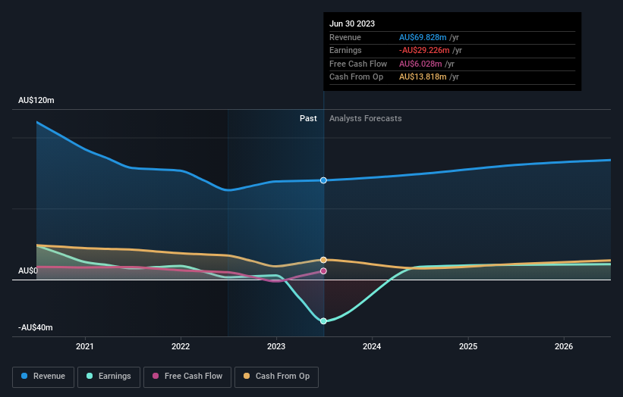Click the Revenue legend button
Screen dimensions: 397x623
coord(43,376)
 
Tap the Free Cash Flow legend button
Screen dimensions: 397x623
coord(186,376)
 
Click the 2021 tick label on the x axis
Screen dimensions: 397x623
coord(85,347)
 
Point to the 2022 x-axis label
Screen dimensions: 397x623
coord(181,347)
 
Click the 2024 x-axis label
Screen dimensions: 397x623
coord(372,347)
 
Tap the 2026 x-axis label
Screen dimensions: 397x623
coord(564,347)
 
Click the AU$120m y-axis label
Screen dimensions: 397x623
coord(36,100)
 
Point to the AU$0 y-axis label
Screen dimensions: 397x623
coord(28,270)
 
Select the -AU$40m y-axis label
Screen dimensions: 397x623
coord(36,327)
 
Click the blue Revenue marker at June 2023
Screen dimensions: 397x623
coord(324,180)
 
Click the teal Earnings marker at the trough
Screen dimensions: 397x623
coord(324,321)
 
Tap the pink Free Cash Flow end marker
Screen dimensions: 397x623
coord(324,271)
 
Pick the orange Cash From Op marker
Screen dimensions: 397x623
coord(324,260)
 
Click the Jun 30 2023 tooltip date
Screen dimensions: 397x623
coord(352,24)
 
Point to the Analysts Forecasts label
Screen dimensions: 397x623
coord(365,118)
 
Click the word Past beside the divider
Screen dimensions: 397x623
coord(308,118)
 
